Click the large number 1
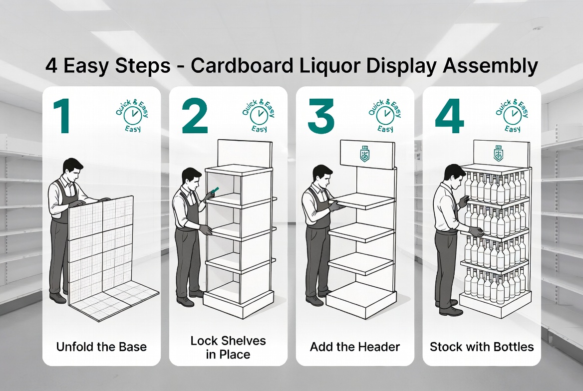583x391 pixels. (x=62, y=116)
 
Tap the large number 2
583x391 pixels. (x=194, y=116)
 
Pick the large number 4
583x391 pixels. (x=449, y=116)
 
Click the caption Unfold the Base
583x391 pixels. (x=101, y=347)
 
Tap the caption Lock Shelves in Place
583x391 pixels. (x=228, y=348)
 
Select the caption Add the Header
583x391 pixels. (x=355, y=347)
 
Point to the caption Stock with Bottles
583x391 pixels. (x=482, y=347)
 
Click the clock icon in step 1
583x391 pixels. (x=132, y=115)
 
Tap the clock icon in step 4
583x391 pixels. (x=512, y=115)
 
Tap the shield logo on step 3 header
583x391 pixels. (x=364, y=154)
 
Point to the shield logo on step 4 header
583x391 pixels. (x=498, y=153)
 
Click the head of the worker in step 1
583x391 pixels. (x=73, y=169)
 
